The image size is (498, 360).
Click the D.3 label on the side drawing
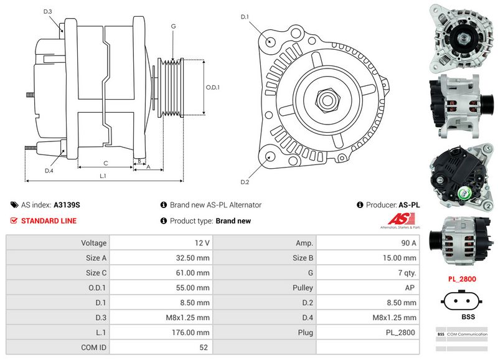48,12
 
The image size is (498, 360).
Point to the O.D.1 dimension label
213,87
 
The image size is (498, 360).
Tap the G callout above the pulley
173,26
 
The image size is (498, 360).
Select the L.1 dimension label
103,176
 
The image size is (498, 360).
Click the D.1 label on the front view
245,17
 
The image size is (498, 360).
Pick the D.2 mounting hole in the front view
270,156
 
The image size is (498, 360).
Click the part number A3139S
67,204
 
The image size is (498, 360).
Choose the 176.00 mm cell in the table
192,333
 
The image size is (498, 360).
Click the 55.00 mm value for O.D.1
192,288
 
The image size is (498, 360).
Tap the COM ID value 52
204,348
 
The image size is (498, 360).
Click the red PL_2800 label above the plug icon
462,279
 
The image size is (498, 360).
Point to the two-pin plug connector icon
462,300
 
